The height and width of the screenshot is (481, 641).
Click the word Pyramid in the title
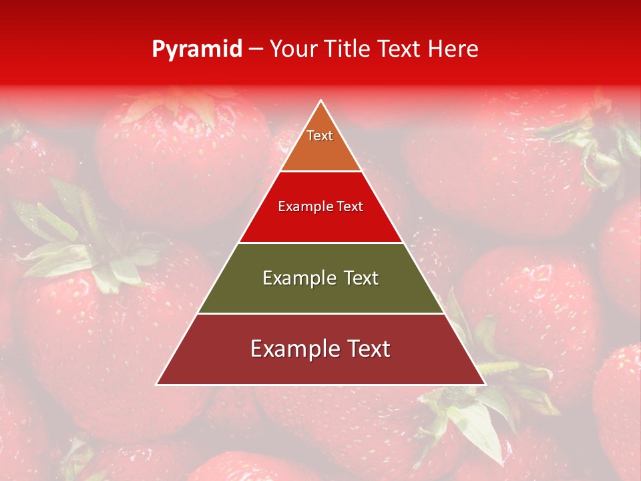196,49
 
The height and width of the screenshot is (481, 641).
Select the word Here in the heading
453,49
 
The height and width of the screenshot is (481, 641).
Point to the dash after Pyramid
256,49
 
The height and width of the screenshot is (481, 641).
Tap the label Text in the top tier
320,136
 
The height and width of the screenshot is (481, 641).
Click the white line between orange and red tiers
320,171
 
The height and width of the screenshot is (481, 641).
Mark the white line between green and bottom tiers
320,313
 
